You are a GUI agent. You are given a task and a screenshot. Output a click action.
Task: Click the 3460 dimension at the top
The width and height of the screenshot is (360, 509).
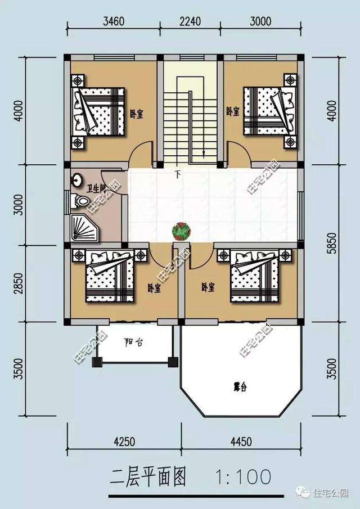point(114,22)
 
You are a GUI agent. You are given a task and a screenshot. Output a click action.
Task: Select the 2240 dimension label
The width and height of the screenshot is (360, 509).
point(190,22)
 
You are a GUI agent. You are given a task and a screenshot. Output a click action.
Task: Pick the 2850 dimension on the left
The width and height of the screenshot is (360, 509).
point(19,283)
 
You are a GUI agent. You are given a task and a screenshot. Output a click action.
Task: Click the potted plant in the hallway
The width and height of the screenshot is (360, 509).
point(181,230)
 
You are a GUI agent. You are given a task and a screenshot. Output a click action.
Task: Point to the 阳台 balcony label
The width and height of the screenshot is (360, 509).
point(133,342)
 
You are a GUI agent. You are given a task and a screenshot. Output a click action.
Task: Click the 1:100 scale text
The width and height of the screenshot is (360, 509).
point(242,478)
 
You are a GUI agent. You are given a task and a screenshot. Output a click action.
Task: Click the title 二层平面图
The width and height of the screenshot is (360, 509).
point(148,478)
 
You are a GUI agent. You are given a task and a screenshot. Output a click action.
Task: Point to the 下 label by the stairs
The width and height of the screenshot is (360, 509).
point(178,173)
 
